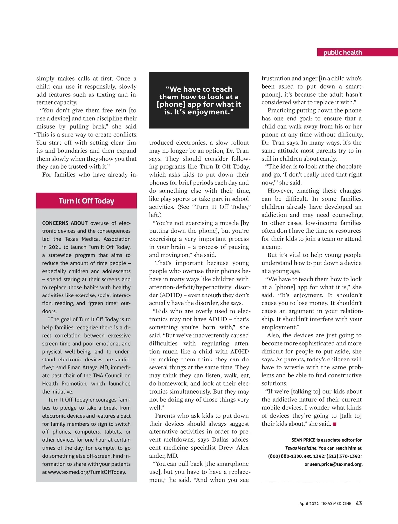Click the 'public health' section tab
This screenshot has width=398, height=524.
[x=342, y=52]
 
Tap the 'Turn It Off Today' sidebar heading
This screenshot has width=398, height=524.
[x=86, y=201]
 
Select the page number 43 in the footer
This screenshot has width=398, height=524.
[x=359, y=503]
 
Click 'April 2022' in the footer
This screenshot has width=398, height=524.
[x=309, y=504]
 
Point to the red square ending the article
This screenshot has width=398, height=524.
[x=334, y=424]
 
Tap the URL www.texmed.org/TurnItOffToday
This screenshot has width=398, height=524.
[x=87, y=472]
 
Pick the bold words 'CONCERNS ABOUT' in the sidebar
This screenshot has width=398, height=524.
[x=65, y=223]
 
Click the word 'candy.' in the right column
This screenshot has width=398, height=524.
[x=328, y=159]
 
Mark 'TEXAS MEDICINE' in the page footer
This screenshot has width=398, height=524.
[x=336, y=504]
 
